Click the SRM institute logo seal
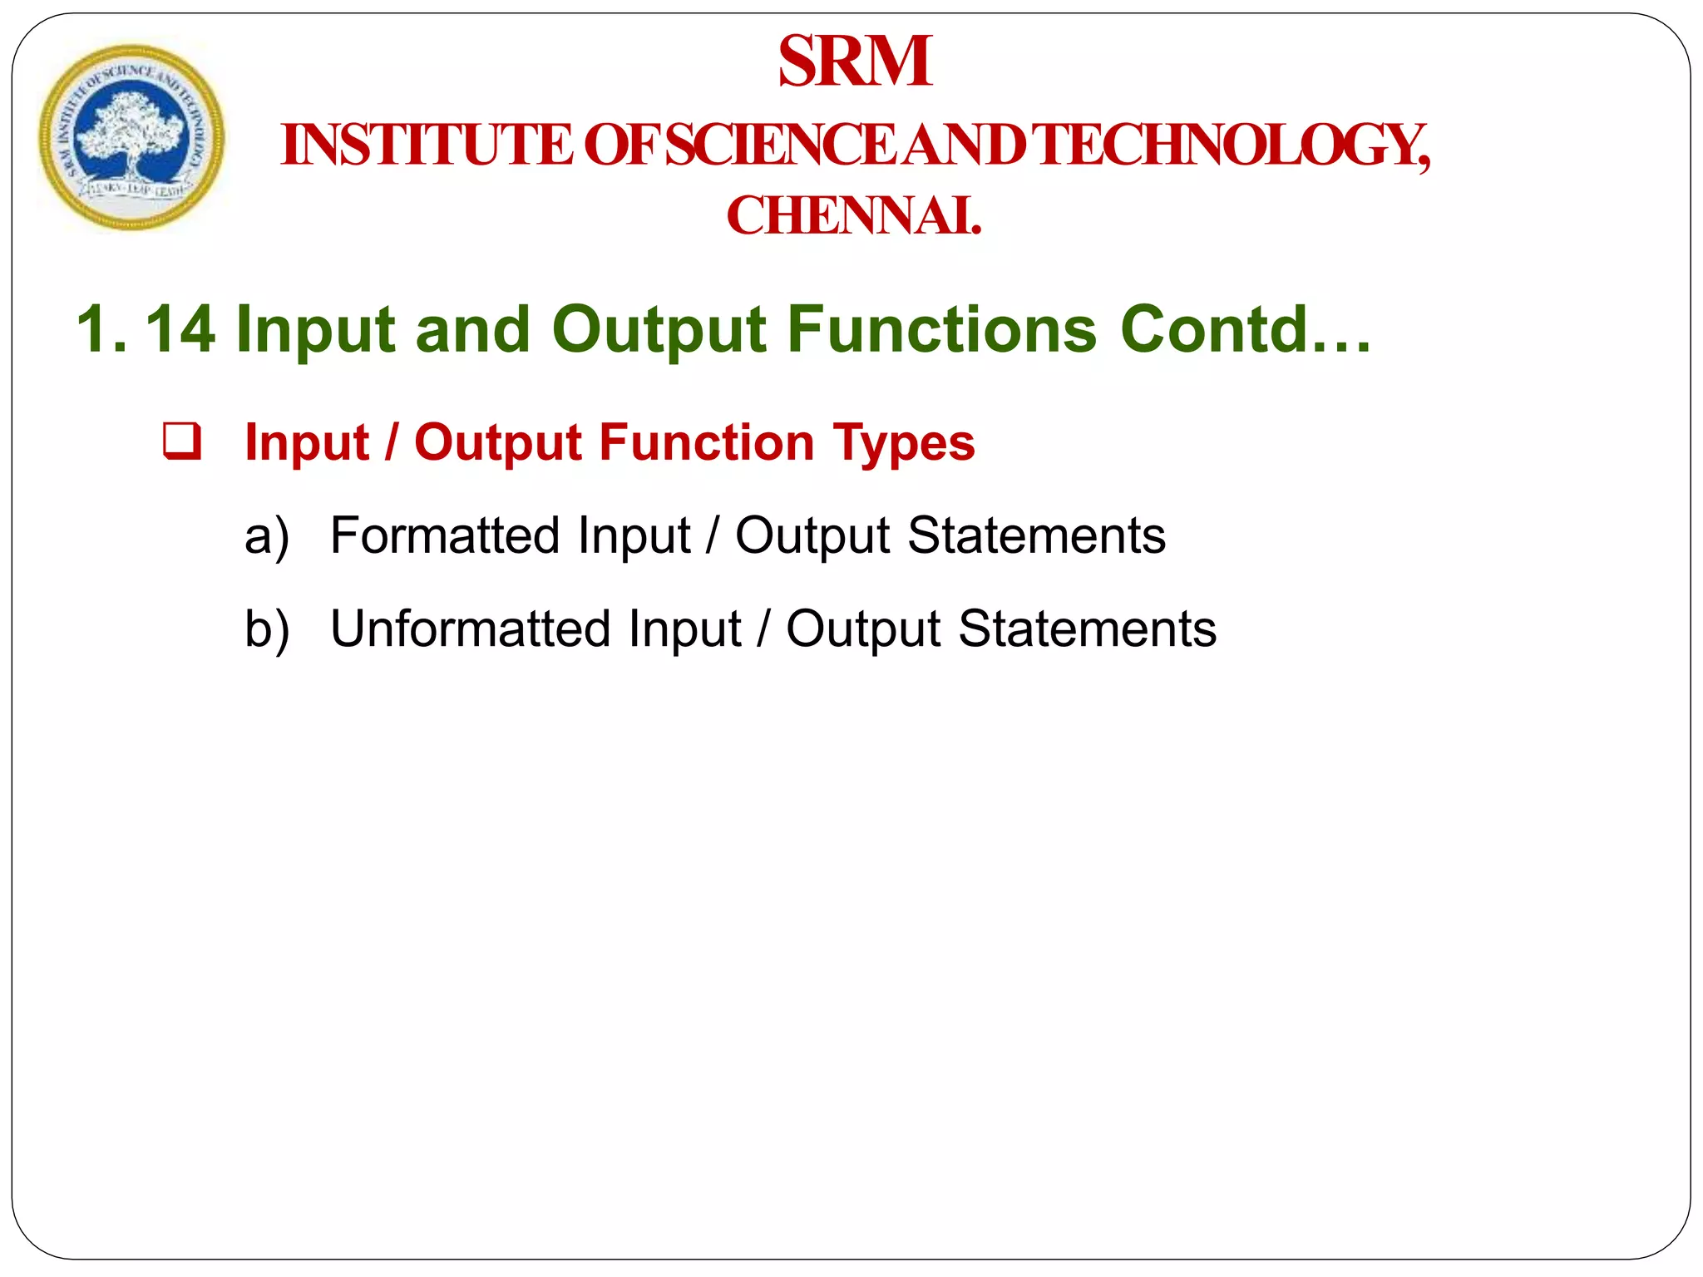[x=131, y=138]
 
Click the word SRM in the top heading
[x=855, y=62]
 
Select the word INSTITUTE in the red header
[x=427, y=145]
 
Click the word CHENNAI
[x=854, y=216]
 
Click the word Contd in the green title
[x=1215, y=330]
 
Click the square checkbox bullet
[x=182, y=441]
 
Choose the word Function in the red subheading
[x=707, y=442]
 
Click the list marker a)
[x=267, y=536]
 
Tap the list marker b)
[x=267, y=629]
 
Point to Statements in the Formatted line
[x=1036, y=535]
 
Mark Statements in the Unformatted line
[x=1087, y=629]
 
